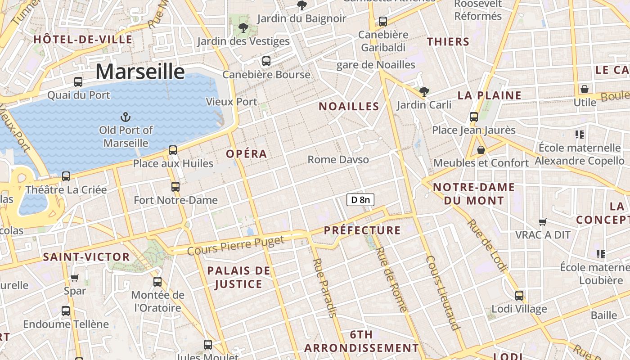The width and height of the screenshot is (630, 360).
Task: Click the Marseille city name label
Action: point(140,72)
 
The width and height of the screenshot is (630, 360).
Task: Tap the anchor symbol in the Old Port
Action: point(126,118)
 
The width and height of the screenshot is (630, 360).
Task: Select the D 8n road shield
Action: point(360,199)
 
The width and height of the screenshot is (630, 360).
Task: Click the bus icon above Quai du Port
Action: point(78,82)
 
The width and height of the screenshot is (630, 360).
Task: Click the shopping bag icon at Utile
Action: point(584,89)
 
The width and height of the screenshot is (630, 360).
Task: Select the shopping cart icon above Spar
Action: point(75,278)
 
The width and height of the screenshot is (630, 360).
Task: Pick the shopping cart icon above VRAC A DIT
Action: point(543,221)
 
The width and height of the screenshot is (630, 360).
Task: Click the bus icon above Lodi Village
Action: point(519,296)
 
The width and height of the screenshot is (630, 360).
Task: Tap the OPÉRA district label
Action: point(247,154)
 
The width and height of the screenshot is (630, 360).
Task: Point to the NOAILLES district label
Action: point(349,107)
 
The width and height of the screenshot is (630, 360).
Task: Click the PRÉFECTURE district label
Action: point(362,230)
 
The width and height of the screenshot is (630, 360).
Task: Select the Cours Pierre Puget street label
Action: point(236,246)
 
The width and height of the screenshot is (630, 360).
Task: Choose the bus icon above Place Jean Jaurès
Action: point(473,117)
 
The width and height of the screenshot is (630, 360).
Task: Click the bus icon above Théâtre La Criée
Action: point(66,176)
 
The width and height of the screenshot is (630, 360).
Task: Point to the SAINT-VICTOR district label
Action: point(86,257)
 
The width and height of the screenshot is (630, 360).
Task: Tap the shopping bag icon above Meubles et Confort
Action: point(481,150)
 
